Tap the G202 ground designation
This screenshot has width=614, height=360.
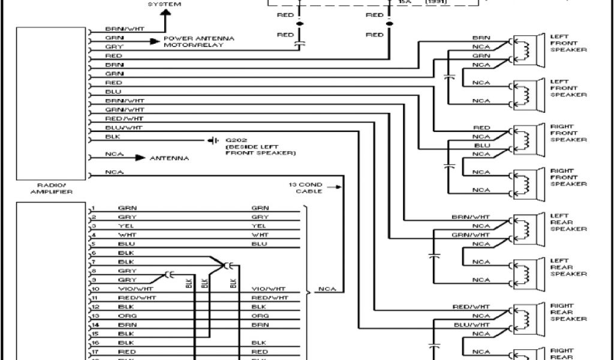click(x=234, y=140)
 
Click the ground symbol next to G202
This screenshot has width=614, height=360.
click(x=212, y=140)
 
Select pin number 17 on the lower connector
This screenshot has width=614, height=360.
click(x=94, y=352)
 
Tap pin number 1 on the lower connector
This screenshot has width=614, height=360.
click(x=94, y=208)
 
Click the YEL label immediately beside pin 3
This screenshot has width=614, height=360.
click(x=125, y=226)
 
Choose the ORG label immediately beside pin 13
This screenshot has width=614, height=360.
click(x=125, y=316)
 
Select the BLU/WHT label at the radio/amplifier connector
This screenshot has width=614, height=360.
click(x=124, y=128)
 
